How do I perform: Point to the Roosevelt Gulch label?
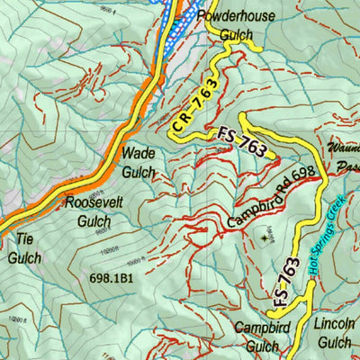point(94,211)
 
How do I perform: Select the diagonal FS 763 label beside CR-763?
point(242,142)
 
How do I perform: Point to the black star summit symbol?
point(265,238)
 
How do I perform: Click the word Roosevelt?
point(94,202)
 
